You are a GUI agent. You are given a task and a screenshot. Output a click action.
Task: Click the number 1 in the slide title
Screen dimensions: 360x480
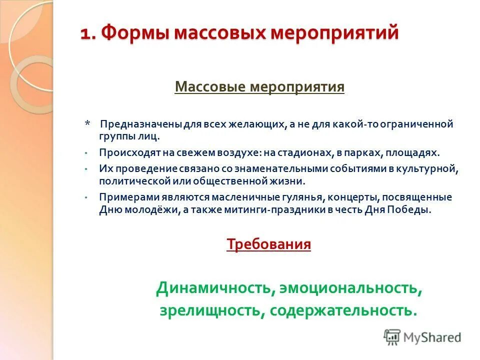(x=85, y=34)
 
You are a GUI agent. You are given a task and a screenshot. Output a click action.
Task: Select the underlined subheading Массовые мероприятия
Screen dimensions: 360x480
(x=259, y=87)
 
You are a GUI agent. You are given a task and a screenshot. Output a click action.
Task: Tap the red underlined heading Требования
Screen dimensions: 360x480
(x=268, y=244)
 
